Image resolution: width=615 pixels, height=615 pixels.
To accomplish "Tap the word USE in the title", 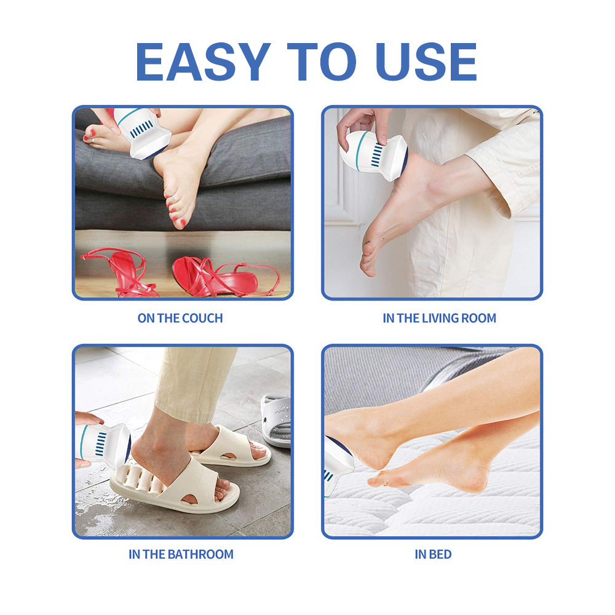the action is (x=426, y=61).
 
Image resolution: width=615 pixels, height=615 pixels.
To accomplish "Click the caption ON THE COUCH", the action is (x=180, y=318).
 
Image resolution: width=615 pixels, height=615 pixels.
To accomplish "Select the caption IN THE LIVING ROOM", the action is (x=439, y=318).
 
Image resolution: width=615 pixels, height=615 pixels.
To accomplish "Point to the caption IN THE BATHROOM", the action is (x=181, y=554).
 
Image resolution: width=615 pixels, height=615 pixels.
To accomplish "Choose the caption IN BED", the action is (x=433, y=554).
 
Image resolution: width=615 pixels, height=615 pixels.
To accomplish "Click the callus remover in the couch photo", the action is (x=143, y=133).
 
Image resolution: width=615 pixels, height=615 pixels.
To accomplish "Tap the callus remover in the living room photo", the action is (x=373, y=156).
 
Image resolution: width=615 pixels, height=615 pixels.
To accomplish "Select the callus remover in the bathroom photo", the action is (x=103, y=446).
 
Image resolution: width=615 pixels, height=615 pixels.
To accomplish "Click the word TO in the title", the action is (x=322, y=61).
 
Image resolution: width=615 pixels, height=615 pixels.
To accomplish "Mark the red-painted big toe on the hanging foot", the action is (x=180, y=223).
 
